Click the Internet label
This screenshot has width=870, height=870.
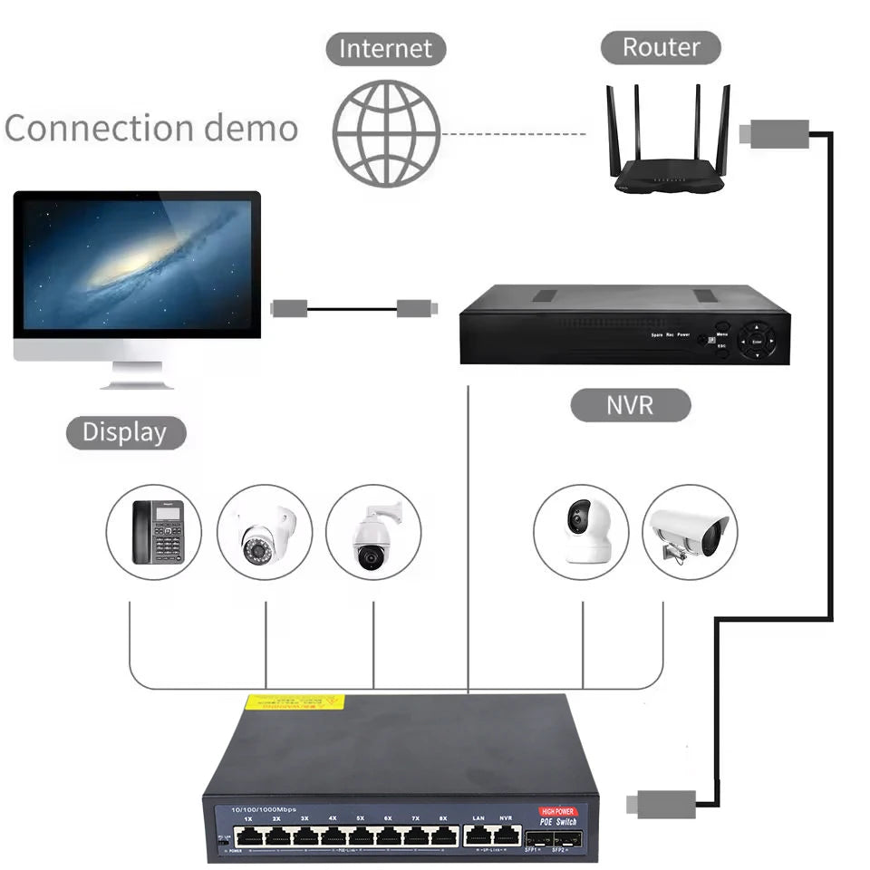(386, 48)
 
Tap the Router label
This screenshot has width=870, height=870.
(661, 47)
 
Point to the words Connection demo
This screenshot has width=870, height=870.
(150, 129)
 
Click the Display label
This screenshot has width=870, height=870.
(125, 432)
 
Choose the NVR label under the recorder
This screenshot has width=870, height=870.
(630, 404)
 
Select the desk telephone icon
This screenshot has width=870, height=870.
(157, 532)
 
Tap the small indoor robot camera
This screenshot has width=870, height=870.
(580, 532)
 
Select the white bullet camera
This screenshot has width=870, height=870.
(690, 532)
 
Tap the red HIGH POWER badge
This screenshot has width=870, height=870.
(557, 812)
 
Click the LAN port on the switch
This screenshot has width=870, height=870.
(478, 835)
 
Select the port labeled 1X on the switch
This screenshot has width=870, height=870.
(248, 835)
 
